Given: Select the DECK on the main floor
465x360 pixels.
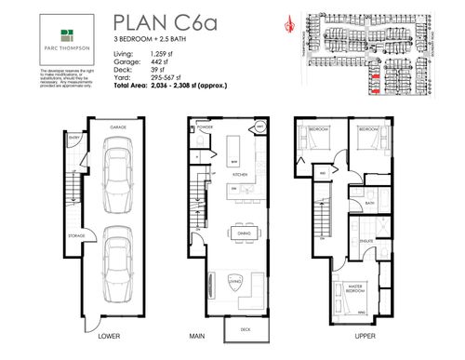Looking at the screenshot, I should [246, 328].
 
